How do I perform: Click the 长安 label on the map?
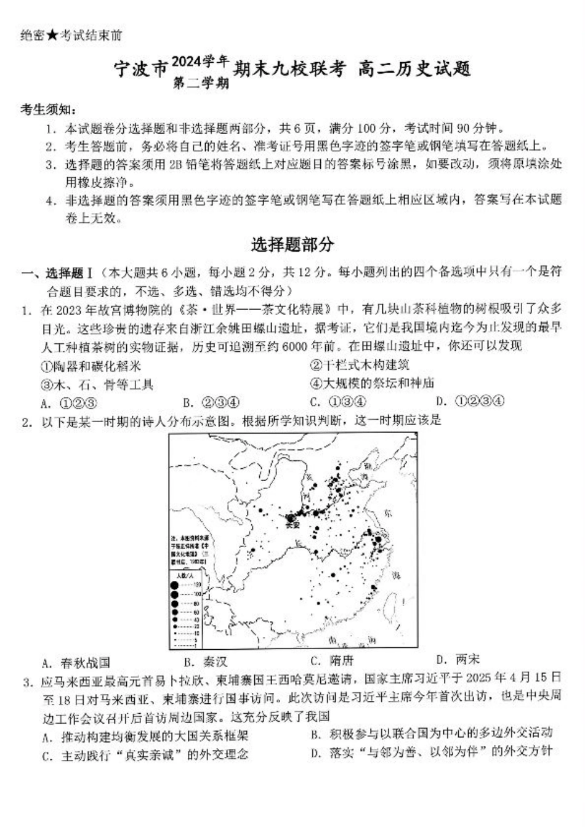tap(292, 525)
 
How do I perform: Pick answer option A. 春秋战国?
tap(76, 663)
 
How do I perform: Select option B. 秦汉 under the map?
tap(206, 662)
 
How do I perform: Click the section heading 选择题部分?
tap(292, 244)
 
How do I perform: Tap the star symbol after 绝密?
tap(52, 36)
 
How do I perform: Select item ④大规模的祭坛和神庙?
tap(372, 383)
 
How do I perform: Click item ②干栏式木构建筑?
tap(359, 365)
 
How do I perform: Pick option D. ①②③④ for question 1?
tap(470, 401)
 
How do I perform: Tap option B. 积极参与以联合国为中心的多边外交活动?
tap(432, 733)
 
